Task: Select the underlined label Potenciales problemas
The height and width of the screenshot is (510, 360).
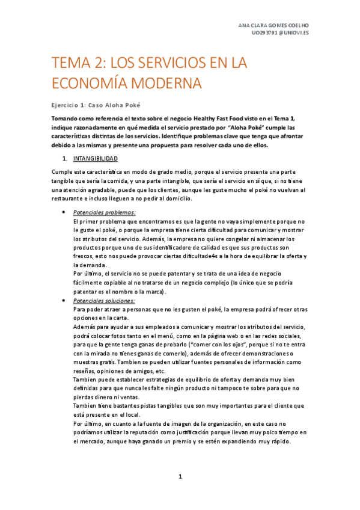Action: tap(104, 212)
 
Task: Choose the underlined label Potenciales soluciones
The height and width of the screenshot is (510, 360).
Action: tap(104, 300)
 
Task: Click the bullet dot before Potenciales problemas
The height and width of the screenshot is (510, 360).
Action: tap(64, 212)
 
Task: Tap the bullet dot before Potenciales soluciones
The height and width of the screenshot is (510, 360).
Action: tap(64, 300)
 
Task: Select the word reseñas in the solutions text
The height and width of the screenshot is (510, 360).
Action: tap(84, 371)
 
